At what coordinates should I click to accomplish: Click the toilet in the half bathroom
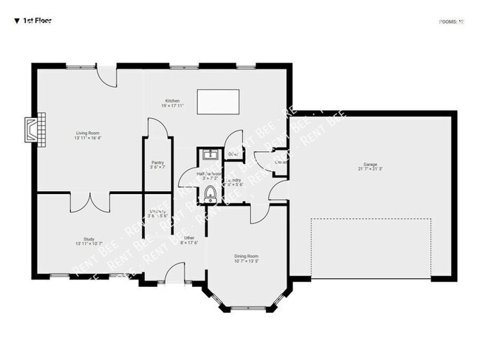click(210, 194)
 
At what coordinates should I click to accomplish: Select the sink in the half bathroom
click(209, 154)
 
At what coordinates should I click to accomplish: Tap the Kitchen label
click(172, 103)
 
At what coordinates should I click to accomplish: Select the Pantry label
click(157, 165)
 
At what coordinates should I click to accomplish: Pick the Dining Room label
click(247, 258)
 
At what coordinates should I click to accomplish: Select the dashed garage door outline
click(371, 248)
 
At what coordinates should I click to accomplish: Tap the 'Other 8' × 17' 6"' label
click(189, 240)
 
